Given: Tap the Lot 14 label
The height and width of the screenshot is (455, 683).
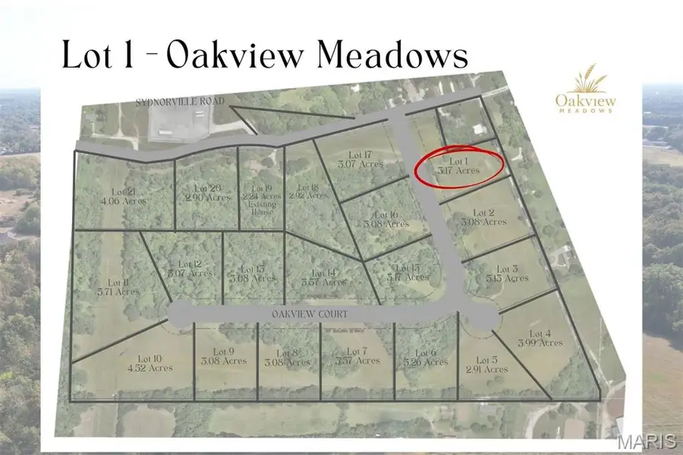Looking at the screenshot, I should click(329, 277).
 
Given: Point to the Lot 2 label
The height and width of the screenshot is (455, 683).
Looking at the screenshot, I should click(484, 216).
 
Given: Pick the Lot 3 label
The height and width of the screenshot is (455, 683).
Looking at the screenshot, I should click(507, 273).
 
